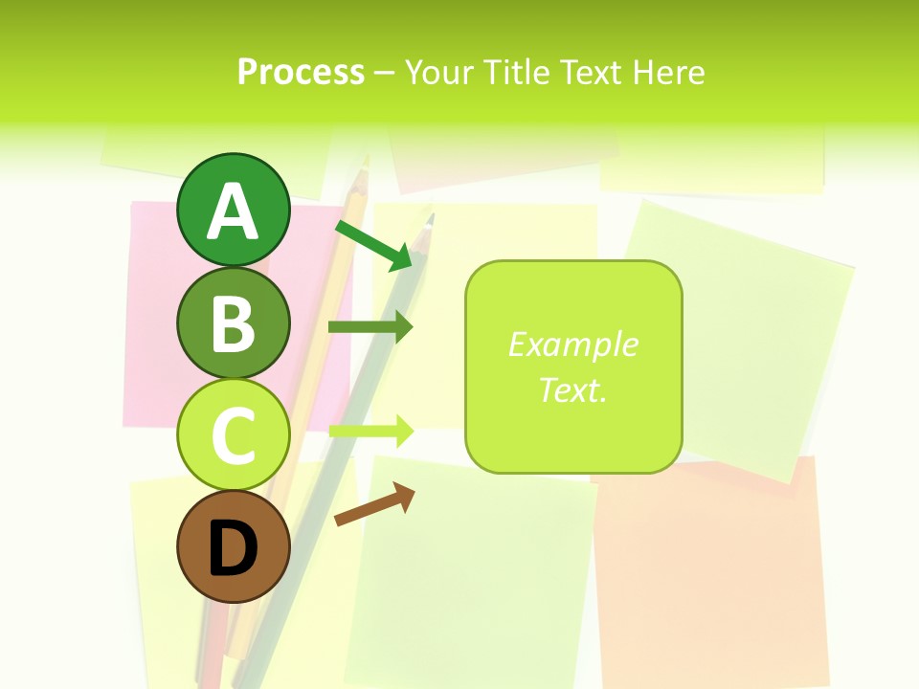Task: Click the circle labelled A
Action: (233, 211)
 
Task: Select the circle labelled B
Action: (233, 322)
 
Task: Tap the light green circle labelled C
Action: (233, 434)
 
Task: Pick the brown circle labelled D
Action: (233, 546)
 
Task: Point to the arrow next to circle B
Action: (370, 327)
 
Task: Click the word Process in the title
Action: (301, 73)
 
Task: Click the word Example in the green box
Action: (572, 344)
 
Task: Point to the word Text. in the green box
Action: (572, 389)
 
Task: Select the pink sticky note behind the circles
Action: (153, 316)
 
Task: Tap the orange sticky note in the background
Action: (708, 574)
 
